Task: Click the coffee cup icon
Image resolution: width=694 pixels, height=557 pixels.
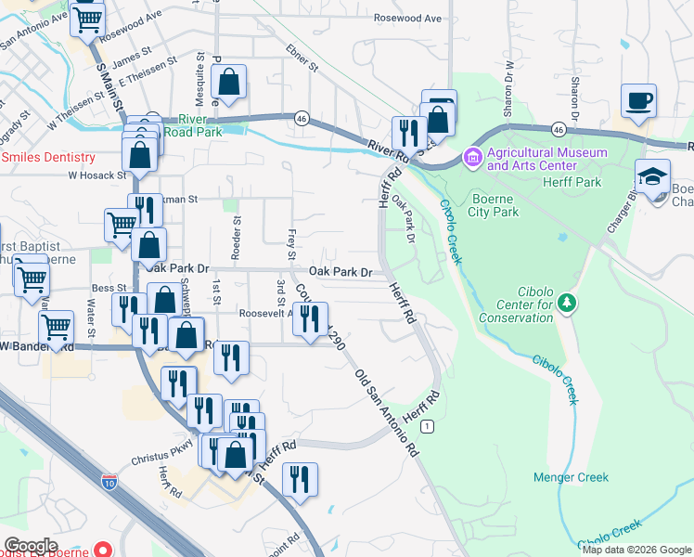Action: tap(638, 100)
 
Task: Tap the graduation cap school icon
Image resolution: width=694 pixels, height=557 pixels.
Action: tap(652, 176)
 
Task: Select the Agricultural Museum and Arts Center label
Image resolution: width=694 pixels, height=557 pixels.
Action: tap(546, 159)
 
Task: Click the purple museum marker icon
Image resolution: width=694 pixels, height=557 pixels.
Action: tap(473, 159)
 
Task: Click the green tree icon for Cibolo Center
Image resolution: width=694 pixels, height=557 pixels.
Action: tap(569, 303)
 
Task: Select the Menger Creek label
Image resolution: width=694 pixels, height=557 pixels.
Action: tap(571, 477)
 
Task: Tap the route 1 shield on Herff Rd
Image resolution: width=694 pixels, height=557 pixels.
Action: tap(426, 425)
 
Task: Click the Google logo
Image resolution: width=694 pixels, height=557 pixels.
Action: tap(31, 545)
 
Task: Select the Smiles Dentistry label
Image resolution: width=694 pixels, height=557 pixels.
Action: tap(48, 158)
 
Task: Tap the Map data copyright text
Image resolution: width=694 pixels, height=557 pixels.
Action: tap(636, 549)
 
